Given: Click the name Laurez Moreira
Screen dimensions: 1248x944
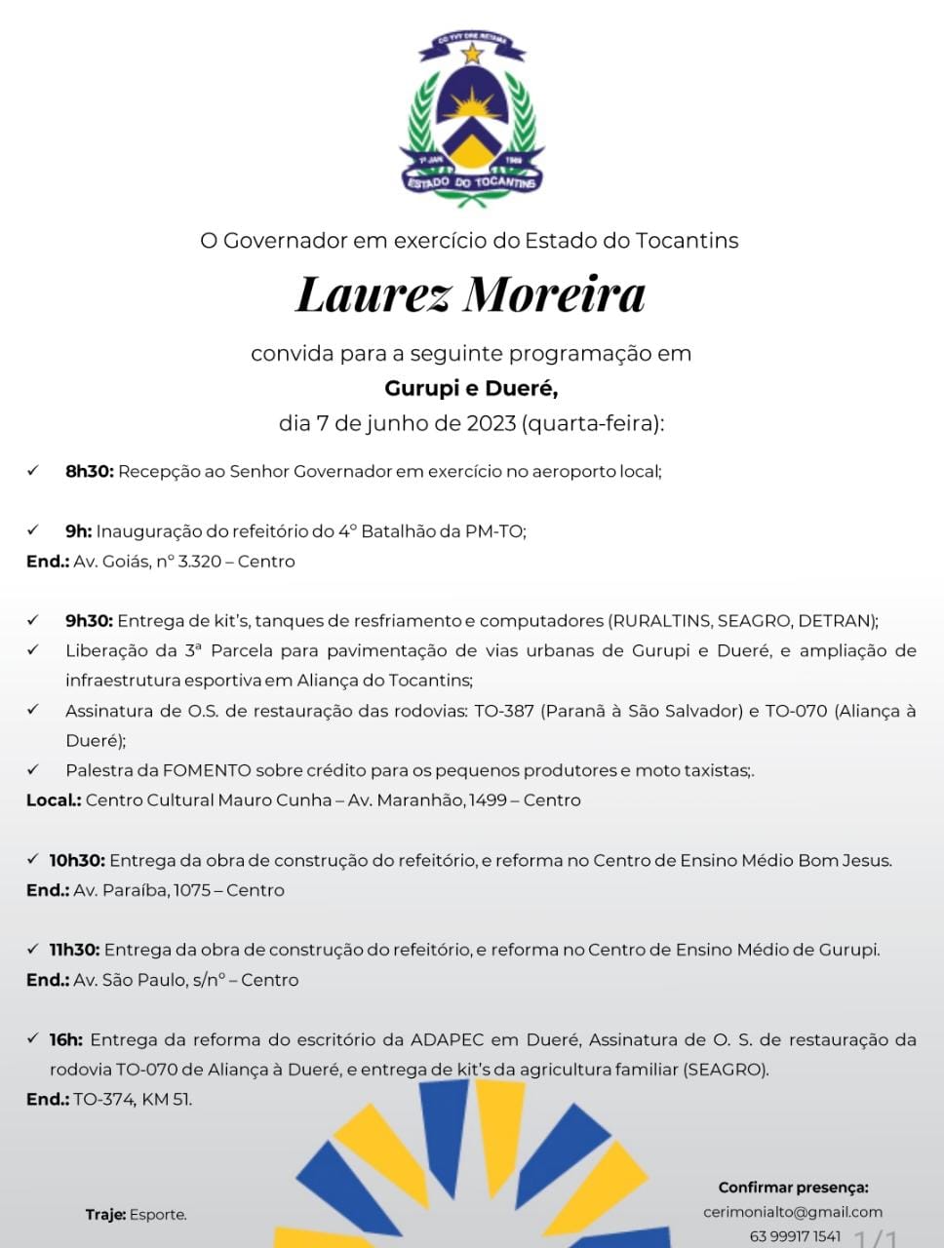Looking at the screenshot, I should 471,294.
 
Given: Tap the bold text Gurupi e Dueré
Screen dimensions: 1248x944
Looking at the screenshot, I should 471,388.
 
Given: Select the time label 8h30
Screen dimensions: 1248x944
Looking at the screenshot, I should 90,472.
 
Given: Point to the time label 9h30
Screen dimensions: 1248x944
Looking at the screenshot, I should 90,621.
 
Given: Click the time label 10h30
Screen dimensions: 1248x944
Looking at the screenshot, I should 77,861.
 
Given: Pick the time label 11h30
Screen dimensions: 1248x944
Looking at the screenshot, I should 75,950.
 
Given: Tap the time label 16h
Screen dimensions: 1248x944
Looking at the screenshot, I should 66,1040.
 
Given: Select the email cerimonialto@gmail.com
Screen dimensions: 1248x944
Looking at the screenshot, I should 793,1212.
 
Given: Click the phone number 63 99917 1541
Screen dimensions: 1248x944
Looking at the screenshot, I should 795,1236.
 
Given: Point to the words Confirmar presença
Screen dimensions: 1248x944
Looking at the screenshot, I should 793,1188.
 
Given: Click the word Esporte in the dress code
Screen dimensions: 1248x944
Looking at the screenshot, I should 158,1215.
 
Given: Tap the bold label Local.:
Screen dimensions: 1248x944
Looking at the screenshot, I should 54,800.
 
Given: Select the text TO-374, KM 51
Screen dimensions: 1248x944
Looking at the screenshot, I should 133,1100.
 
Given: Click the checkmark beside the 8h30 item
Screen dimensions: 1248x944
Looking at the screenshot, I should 32,471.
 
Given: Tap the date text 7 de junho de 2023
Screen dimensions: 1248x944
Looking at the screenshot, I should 415,424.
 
